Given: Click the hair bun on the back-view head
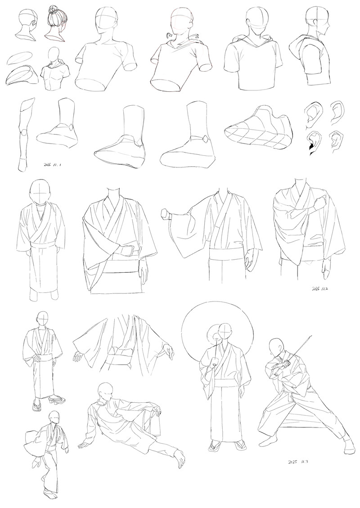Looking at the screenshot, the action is [53, 9].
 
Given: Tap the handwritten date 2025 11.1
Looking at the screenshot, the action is [53, 165].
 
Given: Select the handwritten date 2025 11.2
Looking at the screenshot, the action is [319, 288].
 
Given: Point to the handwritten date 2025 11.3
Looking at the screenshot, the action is [297, 461].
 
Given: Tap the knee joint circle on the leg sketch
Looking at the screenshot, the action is [22, 133].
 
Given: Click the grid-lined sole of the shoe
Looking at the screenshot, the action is [256, 138].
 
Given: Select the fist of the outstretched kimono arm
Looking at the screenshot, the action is [166, 214].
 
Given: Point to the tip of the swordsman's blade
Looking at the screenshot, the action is [311, 336].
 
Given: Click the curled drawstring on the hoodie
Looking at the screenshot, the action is [168, 35].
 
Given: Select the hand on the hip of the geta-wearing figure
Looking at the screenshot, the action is [36, 358].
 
